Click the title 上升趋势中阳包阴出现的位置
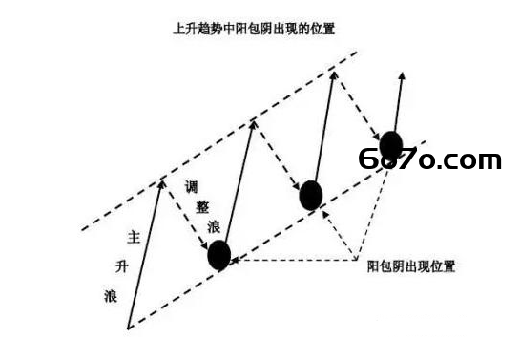254,29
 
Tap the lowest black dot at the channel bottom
218,255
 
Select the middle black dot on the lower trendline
311,196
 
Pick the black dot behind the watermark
391,145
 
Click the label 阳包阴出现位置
411,266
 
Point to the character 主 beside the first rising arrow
134,237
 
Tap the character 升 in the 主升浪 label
122,266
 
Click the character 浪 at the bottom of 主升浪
111,296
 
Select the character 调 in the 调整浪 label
192,187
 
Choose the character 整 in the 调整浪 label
202,207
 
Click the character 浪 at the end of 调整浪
214,227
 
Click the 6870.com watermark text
429,159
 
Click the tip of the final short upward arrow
403,73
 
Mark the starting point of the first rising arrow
128,328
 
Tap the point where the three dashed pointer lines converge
356,260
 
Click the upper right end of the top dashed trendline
357,52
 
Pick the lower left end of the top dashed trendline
82,229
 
